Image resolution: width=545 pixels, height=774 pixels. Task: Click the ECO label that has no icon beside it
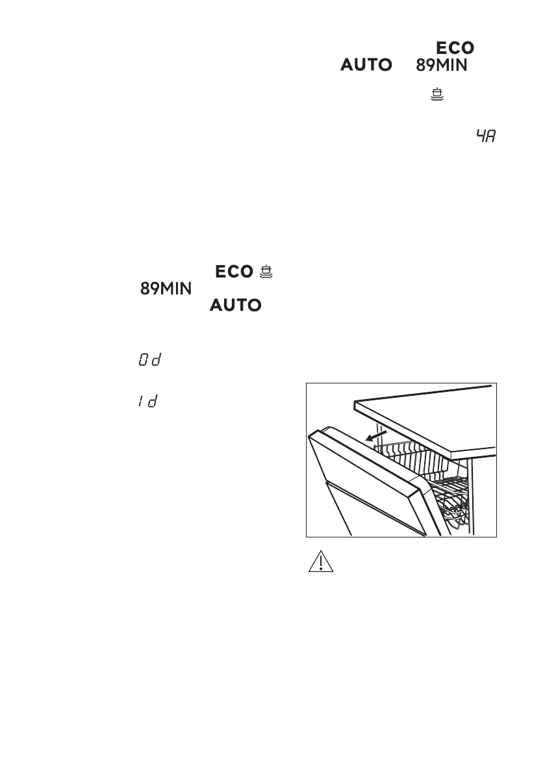click(455, 48)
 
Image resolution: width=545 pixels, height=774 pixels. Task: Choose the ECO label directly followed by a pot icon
click(233, 272)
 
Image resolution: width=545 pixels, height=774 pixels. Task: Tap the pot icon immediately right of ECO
click(265, 272)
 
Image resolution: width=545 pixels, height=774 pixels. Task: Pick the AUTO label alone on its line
click(235, 305)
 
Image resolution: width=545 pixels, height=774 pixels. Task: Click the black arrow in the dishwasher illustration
click(378, 434)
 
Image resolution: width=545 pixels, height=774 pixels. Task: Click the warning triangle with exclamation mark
click(320, 561)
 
